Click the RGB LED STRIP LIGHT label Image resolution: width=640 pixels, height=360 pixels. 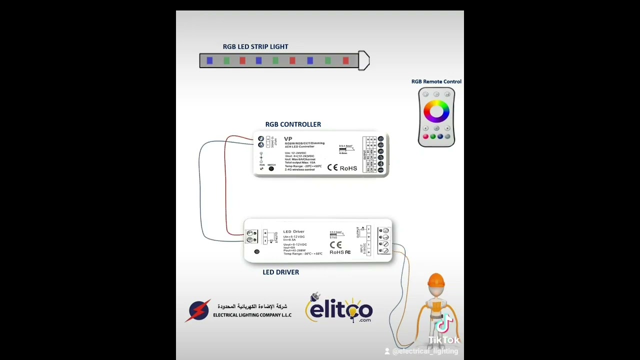click(255, 46)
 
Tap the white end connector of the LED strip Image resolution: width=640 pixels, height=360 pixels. click(364, 61)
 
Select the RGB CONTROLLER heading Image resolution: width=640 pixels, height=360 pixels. click(293, 124)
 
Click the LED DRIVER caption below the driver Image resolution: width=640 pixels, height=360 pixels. click(280, 272)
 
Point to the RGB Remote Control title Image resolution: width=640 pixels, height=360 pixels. click(436, 81)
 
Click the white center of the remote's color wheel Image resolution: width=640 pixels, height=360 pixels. click(436, 111)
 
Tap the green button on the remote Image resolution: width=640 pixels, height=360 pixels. click(433, 136)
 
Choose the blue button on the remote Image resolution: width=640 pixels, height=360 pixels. click(440, 136)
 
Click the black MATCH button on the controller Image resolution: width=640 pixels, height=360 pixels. click(271, 169)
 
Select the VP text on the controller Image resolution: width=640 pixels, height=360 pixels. click(288, 139)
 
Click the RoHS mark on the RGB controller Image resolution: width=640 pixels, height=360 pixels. click(348, 168)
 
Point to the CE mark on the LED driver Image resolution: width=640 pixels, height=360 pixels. click(335, 245)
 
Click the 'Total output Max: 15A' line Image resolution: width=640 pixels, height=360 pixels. click(300, 162)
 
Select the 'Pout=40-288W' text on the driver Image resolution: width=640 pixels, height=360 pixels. click(294, 250)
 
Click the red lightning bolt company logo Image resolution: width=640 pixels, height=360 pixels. click(199, 310)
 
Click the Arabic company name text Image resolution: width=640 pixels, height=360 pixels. click(252, 306)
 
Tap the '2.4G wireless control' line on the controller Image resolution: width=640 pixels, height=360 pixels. click(300, 169)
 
